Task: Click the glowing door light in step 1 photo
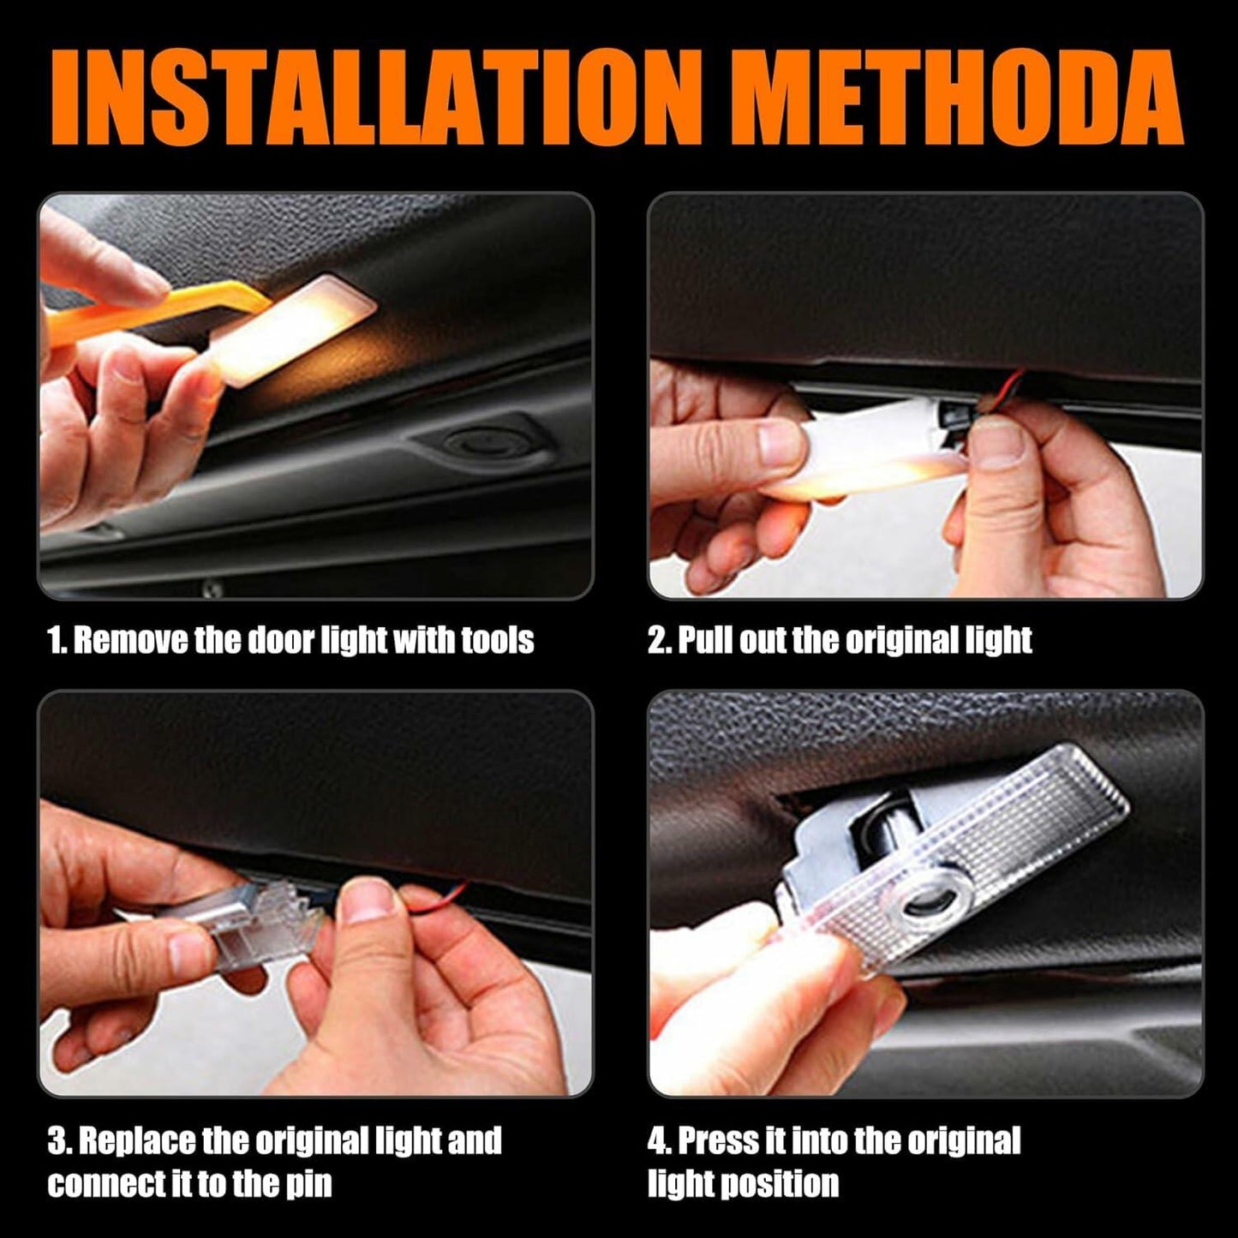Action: [296, 326]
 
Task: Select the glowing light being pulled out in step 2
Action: [865, 463]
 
